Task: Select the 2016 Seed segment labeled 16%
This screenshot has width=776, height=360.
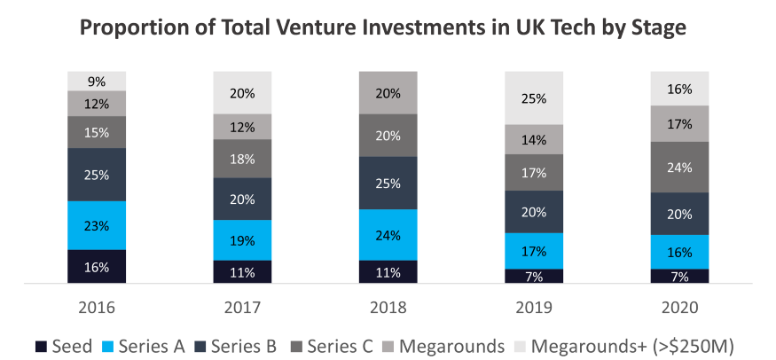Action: pyautogui.click(x=97, y=266)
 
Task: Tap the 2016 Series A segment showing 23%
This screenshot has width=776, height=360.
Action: pyautogui.click(x=97, y=225)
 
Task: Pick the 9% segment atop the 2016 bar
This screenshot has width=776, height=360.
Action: pyautogui.click(x=97, y=81)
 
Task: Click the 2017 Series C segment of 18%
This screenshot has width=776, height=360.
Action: pyautogui.click(x=242, y=159)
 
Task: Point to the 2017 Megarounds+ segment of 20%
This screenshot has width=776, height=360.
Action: pyautogui.click(x=242, y=92)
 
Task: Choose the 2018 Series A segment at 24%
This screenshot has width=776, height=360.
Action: pyautogui.click(x=388, y=235)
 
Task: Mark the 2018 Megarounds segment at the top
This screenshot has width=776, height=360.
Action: pyautogui.click(x=388, y=92)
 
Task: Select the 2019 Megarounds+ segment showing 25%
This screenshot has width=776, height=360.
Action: pyautogui.click(x=533, y=98)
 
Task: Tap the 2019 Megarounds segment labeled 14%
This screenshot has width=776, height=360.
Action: pyautogui.click(x=533, y=139)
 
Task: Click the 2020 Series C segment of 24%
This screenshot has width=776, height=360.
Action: pyautogui.click(x=678, y=167)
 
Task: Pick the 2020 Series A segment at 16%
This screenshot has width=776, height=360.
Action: pyautogui.click(x=678, y=252)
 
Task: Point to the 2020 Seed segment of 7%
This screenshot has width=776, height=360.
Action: pyautogui.click(x=678, y=276)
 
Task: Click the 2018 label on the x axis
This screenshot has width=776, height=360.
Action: pyautogui.click(x=388, y=307)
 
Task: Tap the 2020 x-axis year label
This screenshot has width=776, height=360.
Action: pyautogui.click(x=678, y=307)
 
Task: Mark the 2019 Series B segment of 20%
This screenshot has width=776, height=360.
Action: pyautogui.click(x=533, y=211)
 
